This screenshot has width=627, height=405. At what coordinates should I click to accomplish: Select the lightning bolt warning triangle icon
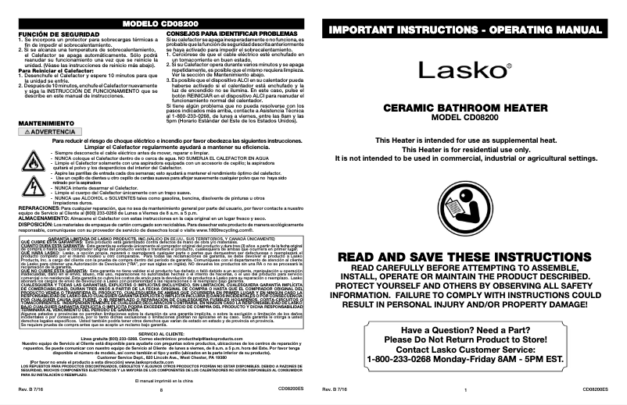pyautogui.click(x=33, y=188)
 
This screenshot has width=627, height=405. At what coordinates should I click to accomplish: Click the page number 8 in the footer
pyautogui.click(x=160, y=389)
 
